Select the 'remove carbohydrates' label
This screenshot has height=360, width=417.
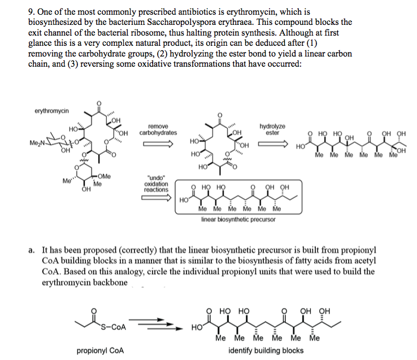click(x=158, y=129)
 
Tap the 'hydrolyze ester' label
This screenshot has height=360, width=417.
click(x=272, y=129)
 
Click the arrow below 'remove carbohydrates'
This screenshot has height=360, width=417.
click(x=158, y=144)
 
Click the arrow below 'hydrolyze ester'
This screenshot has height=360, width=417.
click(x=272, y=144)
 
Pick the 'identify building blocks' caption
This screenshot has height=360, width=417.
click(x=266, y=350)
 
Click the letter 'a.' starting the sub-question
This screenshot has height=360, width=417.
click(x=31, y=250)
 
